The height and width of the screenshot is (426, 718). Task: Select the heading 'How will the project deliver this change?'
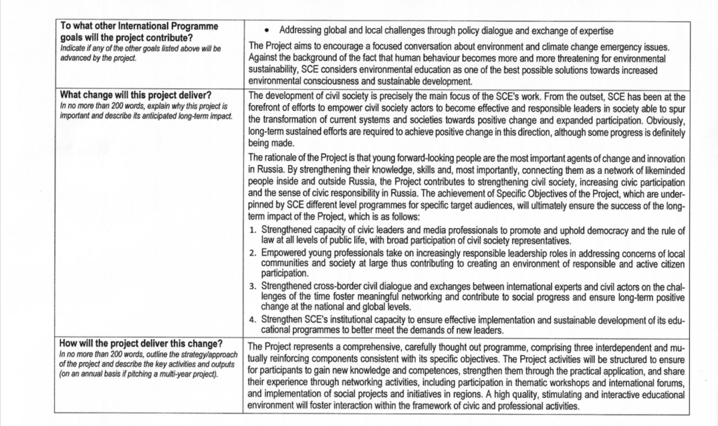[141, 344]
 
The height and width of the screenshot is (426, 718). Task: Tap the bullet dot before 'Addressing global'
[268, 31]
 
